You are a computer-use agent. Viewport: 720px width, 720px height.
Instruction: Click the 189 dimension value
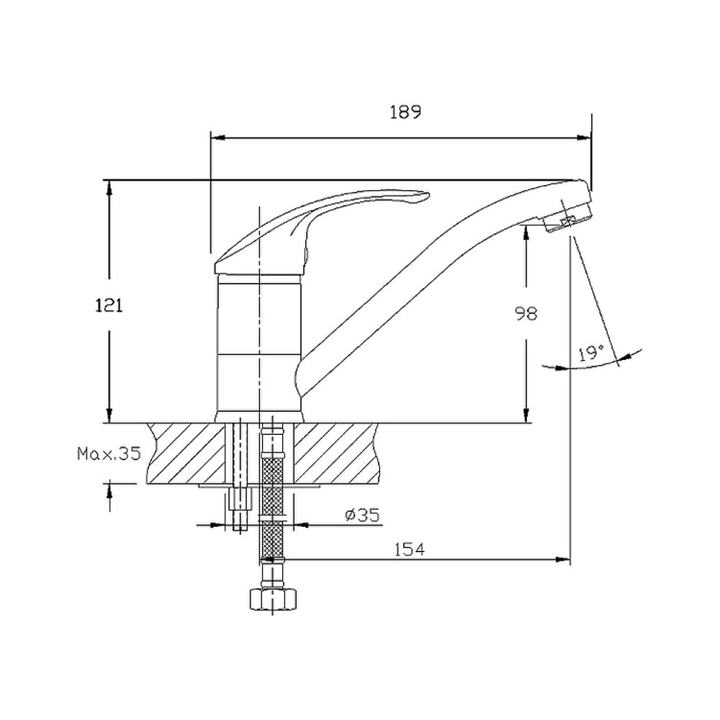click(405, 112)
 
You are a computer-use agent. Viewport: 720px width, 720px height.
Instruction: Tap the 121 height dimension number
click(109, 305)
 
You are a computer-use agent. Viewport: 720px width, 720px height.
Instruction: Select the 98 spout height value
click(526, 314)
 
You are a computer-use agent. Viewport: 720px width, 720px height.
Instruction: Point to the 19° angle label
click(591, 353)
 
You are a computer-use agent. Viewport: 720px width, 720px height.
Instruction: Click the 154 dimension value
click(410, 549)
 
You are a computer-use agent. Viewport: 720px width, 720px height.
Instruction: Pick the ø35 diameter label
click(363, 516)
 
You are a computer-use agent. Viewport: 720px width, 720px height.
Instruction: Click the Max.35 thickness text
click(109, 454)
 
